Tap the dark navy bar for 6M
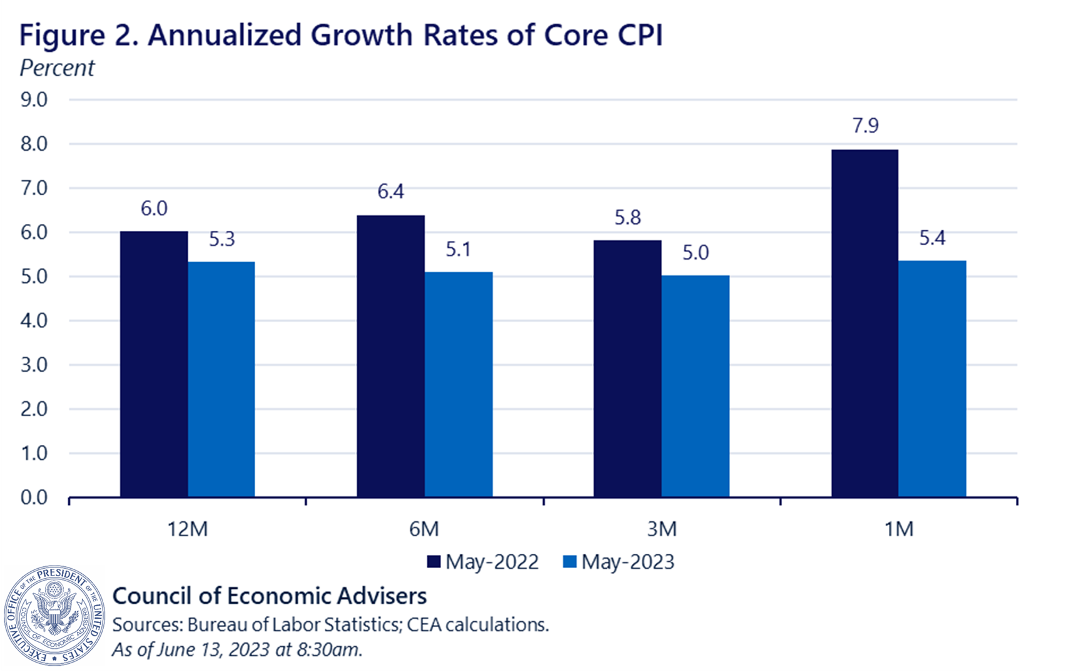[390, 356]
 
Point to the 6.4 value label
[390, 191]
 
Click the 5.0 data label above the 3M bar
[695, 253]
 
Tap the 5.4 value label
[932, 238]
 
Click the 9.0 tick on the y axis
[34, 99]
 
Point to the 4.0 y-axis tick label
[34, 321]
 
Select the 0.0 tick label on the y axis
[34, 497]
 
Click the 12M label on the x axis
[187, 529]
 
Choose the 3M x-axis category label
[661, 529]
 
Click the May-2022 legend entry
[483, 562]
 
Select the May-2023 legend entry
[619, 562]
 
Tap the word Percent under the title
[57, 68]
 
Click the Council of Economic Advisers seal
[55, 616]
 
